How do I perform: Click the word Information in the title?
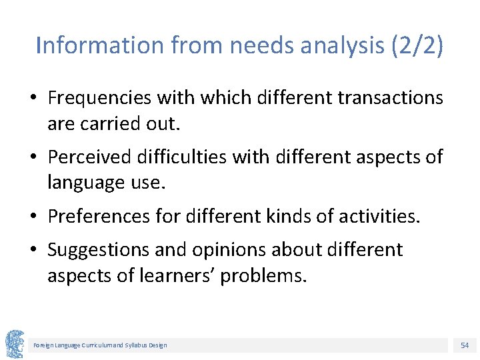pos(100,46)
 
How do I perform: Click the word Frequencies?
pos(99,98)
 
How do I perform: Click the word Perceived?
pos(89,157)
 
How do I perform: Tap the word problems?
pos(263,276)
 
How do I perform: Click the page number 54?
pos(464,345)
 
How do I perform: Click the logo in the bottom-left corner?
pos(15,344)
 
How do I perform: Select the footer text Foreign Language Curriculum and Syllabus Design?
pos(101,345)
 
